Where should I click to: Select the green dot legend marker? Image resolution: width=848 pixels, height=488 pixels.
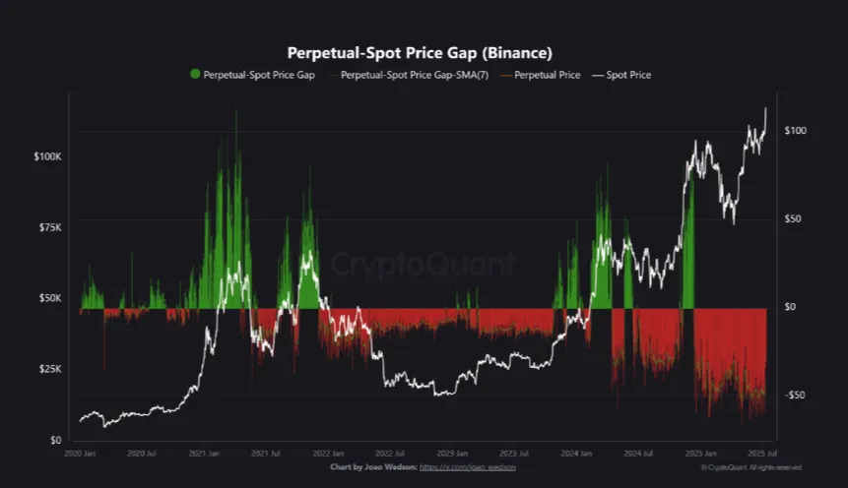pyautogui.click(x=195, y=75)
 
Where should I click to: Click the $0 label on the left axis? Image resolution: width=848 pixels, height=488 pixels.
pyautogui.click(x=55, y=440)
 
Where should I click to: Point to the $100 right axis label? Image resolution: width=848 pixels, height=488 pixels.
pyautogui.click(x=798, y=131)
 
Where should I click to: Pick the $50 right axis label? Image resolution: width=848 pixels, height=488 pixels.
pyautogui.click(x=796, y=219)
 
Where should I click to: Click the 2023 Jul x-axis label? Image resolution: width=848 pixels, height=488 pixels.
pyautogui.click(x=512, y=455)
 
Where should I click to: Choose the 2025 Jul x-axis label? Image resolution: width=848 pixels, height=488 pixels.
pyautogui.click(x=761, y=455)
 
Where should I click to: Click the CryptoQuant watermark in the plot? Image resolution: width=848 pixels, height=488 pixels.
pyautogui.click(x=423, y=264)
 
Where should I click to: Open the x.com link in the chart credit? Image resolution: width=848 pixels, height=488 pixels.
pyautogui.click(x=467, y=467)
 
